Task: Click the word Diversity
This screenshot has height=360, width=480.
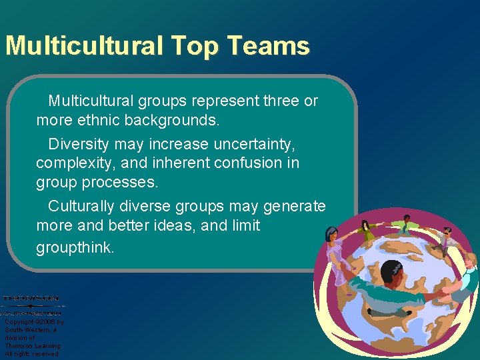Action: click(79, 143)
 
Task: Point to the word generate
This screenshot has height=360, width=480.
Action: click(295, 206)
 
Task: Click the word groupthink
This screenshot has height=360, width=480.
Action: click(75, 247)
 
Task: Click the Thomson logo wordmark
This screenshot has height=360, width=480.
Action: click(31, 298)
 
